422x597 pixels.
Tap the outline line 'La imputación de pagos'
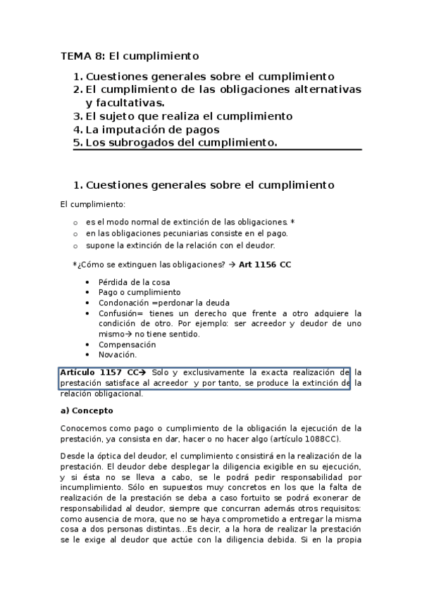(152, 130)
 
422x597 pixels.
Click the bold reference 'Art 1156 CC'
(265, 264)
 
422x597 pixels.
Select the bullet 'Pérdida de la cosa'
(134, 282)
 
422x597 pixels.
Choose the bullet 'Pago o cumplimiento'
(139, 292)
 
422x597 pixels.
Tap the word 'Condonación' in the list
(123, 303)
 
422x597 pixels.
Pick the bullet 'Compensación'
(127, 345)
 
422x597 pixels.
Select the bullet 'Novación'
(117, 355)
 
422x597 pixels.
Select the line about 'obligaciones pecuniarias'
(187, 233)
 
